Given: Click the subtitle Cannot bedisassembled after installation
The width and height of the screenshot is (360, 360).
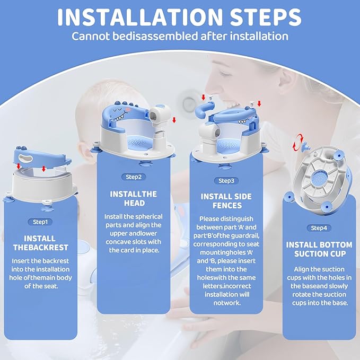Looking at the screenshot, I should tap(180, 37).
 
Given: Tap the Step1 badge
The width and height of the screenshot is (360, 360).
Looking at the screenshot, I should tap(40, 222).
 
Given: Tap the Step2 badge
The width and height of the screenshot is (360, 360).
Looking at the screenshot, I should tap(133, 177).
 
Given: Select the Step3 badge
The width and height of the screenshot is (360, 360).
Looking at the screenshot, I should tap(226, 181).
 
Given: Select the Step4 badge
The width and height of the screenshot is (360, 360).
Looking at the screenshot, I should tap(319, 228).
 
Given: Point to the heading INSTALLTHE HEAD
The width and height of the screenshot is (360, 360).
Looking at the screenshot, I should tap(133, 198).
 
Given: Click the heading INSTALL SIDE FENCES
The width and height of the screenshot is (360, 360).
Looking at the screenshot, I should tap(226, 201).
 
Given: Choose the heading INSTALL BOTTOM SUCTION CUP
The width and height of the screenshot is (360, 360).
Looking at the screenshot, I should tap(319, 249).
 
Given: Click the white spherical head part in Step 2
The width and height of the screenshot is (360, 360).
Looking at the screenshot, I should tap(160, 113).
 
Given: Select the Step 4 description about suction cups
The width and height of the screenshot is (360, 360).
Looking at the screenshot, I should tap(319, 286).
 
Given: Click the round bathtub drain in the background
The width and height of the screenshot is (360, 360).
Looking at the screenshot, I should tap(189, 99).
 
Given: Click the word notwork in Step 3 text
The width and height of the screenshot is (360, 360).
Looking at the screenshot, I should tap(226, 303).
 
